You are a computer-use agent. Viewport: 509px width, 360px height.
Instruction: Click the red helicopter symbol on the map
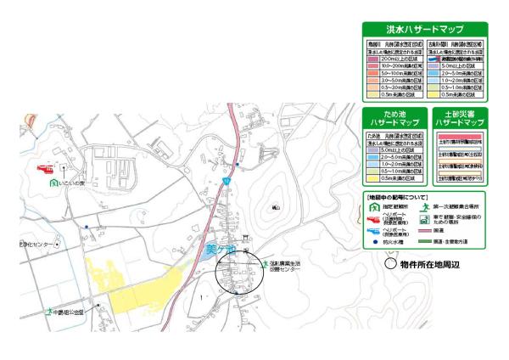pos(44,167)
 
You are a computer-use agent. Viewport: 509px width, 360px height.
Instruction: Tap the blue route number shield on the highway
pos(227,181)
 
